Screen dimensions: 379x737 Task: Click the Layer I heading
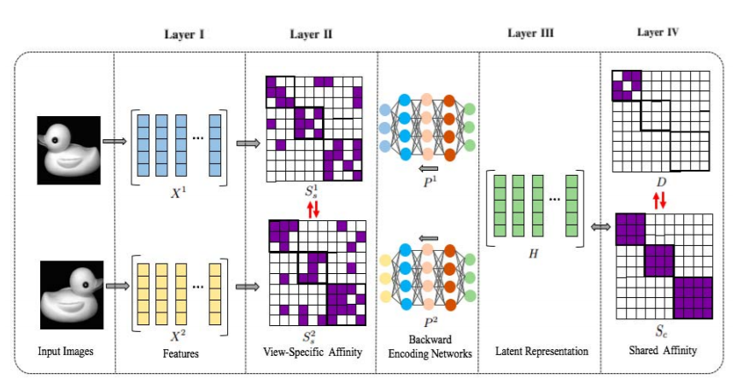184,36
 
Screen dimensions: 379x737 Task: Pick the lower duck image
74,281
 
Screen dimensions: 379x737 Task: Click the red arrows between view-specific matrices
313,207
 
